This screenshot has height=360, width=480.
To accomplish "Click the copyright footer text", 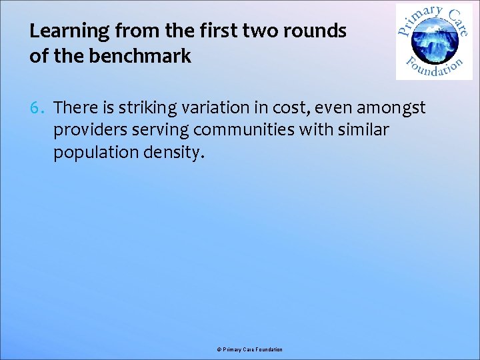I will pos(249,349).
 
